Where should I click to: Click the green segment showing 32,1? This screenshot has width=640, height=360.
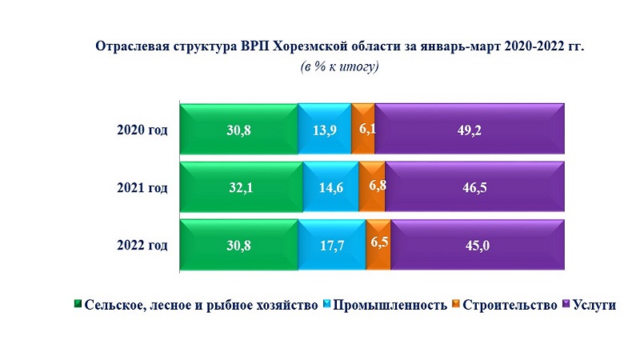pyautogui.click(x=242, y=187)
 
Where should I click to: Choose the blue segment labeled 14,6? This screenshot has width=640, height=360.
pyautogui.click(x=331, y=187)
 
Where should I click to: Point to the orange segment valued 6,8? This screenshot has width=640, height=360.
pyautogui.click(x=372, y=187)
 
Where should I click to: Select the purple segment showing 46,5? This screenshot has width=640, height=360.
pyautogui.click(x=475, y=187)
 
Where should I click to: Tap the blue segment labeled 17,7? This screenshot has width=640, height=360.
pyautogui.click(x=331, y=245)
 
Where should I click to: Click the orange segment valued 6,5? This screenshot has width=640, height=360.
pyautogui.click(x=378, y=245)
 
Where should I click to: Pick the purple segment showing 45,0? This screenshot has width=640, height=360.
pyautogui.click(x=478, y=245)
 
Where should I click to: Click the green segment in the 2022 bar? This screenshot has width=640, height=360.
pyautogui.click(x=238, y=245)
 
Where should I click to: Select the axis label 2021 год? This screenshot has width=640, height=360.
pyautogui.click(x=142, y=188)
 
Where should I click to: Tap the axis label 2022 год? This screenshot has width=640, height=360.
pyautogui.click(x=142, y=245)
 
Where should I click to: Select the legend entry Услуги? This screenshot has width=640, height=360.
pyautogui.click(x=594, y=305)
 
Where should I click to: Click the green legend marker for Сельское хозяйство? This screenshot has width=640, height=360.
pyautogui.click(x=78, y=305)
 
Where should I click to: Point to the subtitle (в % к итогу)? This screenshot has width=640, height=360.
pyautogui.click(x=340, y=67)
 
